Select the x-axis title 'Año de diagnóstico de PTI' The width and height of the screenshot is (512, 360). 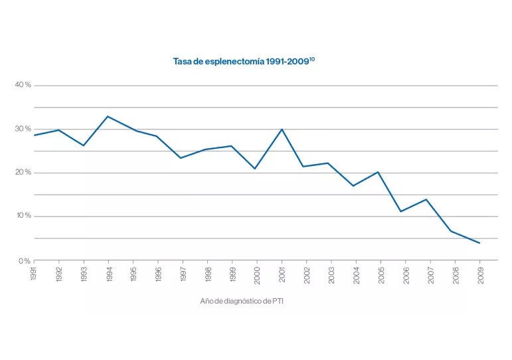pyautogui.click(x=242, y=301)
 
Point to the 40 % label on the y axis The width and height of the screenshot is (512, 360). pyautogui.click(x=23, y=85)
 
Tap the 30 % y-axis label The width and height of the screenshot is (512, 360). pyautogui.click(x=23, y=129)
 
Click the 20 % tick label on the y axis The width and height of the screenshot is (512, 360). pyautogui.click(x=23, y=173)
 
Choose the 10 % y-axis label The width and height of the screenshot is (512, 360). pyautogui.click(x=23, y=217)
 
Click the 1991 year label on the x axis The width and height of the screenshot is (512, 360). pyautogui.click(x=34, y=274)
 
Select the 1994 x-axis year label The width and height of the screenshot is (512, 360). pyautogui.click(x=109, y=274)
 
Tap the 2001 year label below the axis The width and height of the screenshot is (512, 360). pyautogui.click(x=282, y=274)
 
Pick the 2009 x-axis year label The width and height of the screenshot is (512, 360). pyautogui.click(x=480, y=274)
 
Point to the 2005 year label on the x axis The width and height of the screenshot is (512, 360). pyautogui.click(x=381, y=274)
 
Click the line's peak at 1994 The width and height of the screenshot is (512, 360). pyautogui.click(x=108, y=116)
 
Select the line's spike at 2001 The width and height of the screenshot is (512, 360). pyautogui.click(x=282, y=130)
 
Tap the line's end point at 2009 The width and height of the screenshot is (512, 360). pyautogui.click(x=479, y=243)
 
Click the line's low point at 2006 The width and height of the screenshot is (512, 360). pyautogui.click(x=400, y=211)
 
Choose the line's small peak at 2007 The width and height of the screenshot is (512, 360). pyautogui.click(x=426, y=199)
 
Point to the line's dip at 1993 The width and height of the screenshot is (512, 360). pyautogui.click(x=84, y=145)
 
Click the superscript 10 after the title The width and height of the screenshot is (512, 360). pyautogui.click(x=312, y=58)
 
